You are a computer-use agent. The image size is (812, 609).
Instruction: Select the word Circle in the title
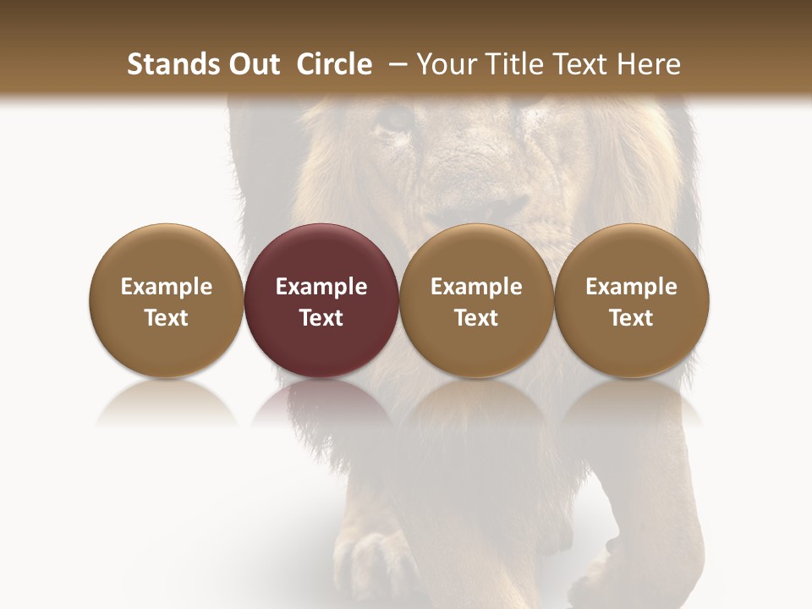click(x=335, y=64)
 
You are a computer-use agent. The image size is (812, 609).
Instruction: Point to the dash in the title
click(x=394, y=64)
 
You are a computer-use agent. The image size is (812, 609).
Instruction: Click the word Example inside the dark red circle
click(x=321, y=287)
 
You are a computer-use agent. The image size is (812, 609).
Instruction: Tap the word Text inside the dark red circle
click(x=321, y=318)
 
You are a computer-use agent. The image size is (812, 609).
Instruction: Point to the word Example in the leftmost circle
click(x=166, y=287)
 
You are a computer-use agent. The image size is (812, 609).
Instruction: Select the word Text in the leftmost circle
click(x=166, y=318)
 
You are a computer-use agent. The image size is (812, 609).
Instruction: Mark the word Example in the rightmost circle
click(x=631, y=287)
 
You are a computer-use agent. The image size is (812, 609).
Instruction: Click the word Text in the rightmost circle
click(x=631, y=318)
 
